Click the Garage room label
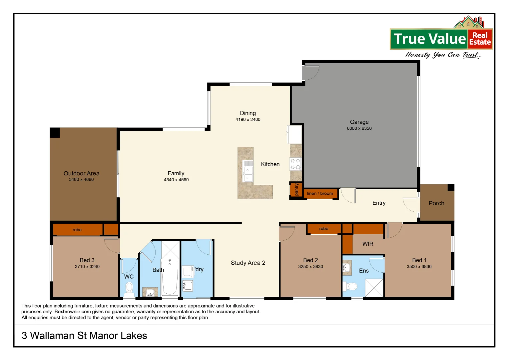[359, 122]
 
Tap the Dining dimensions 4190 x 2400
[248, 120]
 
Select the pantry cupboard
[296, 190]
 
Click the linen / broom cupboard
[320, 193]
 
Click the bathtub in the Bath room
[170, 277]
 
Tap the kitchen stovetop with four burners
[295, 164]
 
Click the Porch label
[436, 203]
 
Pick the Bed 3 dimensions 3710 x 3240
[87, 267]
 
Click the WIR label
[368, 244]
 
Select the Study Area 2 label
[248, 263]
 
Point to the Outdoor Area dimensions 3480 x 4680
[81, 180]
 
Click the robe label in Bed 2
[323, 229]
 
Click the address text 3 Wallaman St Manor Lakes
[84, 336]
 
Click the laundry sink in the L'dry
[188, 286]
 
